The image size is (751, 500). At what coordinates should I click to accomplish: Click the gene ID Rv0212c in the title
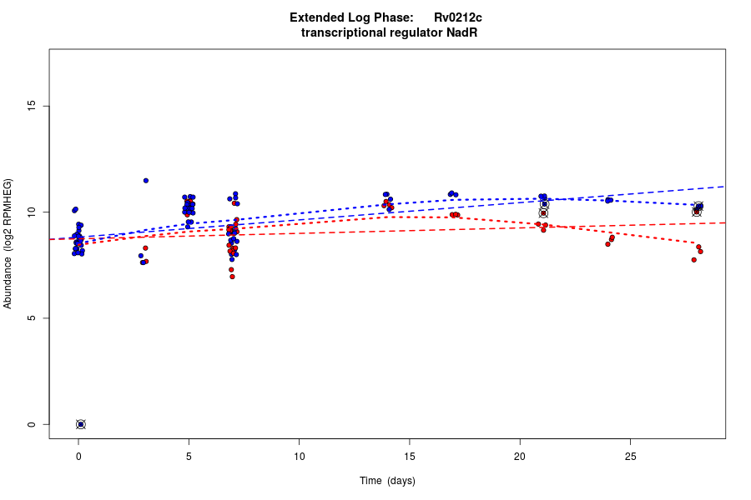tap(458, 17)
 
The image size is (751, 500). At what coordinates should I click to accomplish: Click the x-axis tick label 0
tap(79, 456)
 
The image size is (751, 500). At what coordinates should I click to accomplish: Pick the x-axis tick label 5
tap(189, 456)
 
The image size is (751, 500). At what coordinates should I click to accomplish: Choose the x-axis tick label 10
tap(300, 456)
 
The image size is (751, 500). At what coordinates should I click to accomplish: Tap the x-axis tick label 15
tap(410, 456)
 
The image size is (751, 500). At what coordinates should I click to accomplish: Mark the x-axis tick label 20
tap(520, 456)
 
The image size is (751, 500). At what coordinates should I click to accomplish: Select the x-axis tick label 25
tap(630, 456)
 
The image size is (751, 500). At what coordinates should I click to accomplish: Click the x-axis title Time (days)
tap(387, 481)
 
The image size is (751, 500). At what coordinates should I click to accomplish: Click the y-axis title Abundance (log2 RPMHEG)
tap(8, 243)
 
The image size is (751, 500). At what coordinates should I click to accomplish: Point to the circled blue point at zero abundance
tap(81, 424)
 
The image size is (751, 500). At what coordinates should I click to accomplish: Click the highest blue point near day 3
tap(145, 180)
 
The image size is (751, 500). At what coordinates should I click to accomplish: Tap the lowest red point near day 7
tap(232, 277)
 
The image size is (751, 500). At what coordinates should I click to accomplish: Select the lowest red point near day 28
tap(693, 260)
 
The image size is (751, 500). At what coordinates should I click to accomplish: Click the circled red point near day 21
tap(543, 213)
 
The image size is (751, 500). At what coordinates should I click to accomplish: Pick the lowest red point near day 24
tap(607, 244)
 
